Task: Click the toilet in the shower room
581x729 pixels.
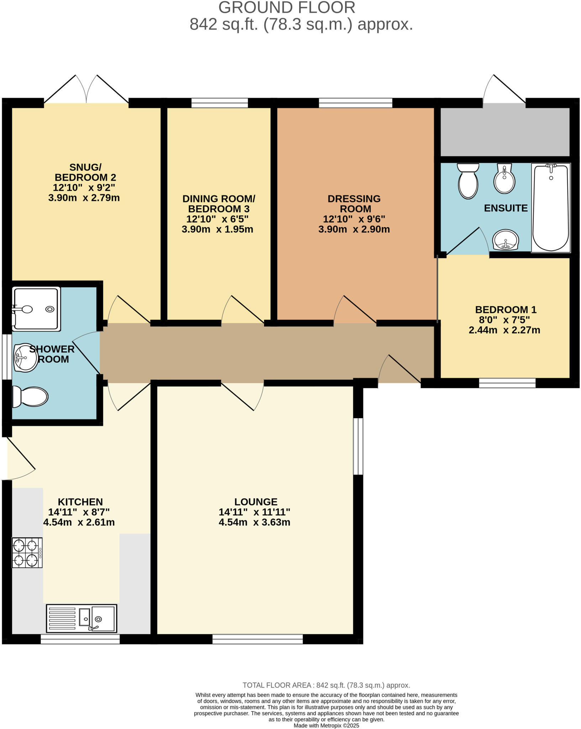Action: tap(30, 397)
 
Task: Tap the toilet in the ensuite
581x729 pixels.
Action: tap(468, 181)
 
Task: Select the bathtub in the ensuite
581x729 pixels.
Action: tap(551, 208)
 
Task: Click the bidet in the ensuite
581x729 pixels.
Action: tap(505, 178)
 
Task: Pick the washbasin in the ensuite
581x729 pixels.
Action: tap(506, 240)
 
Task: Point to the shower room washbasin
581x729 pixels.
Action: tap(26, 357)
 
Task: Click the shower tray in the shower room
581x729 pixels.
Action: tap(36, 309)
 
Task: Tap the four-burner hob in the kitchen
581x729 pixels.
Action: tap(27, 552)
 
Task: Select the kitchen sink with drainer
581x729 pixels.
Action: tap(81, 618)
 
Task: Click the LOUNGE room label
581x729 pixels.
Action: tap(256, 502)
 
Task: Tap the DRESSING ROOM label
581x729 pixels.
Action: tap(354, 204)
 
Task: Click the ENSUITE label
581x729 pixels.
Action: tap(506, 208)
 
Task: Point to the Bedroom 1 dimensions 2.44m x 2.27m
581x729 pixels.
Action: tap(504, 330)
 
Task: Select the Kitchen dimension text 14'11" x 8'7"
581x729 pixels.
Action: tap(79, 512)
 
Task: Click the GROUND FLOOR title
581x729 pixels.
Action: tap(287, 7)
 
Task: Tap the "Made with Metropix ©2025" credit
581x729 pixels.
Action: tap(326, 725)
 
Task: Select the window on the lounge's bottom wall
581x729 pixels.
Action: tap(258, 639)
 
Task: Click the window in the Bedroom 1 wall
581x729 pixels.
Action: tap(507, 383)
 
